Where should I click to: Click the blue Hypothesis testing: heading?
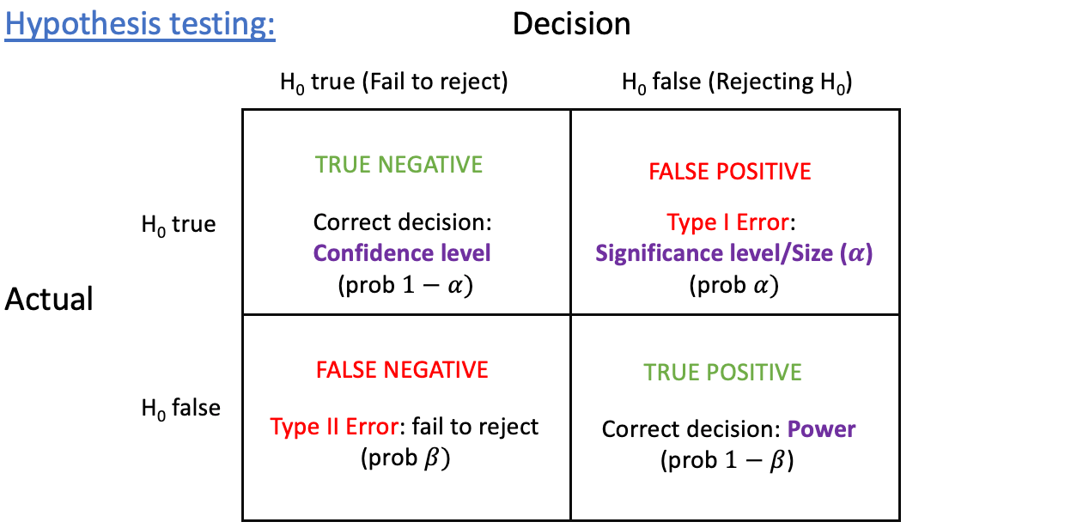tap(140, 24)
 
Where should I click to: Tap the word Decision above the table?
tap(571, 24)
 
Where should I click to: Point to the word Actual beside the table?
tap(49, 299)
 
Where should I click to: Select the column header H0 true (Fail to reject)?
tap(394, 82)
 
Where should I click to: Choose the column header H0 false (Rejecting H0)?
tap(737, 82)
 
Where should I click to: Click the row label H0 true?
tap(179, 225)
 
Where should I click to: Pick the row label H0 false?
tap(181, 409)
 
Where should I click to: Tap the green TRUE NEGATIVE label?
tap(399, 164)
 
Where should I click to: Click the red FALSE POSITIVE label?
tap(729, 172)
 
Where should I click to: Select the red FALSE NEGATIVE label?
tap(402, 370)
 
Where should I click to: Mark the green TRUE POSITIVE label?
tap(722, 373)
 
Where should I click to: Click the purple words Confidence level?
tap(402, 253)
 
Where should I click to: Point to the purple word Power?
tap(821, 429)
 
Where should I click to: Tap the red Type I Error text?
tap(728, 223)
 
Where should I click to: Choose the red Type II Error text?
tap(335, 427)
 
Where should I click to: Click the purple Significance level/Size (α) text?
tap(734, 253)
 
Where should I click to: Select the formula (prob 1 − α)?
tap(405, 285)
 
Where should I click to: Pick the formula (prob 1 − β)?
tap(727, 460)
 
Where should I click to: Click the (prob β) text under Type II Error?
tap(405, 458)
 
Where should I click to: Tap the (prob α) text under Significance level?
tap(733, 285)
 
